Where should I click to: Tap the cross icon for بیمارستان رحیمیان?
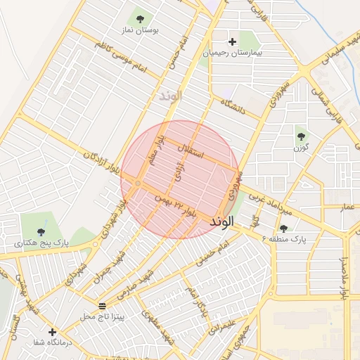point(233,41)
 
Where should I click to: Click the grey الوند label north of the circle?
point(170,95)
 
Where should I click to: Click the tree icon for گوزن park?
point(301,136)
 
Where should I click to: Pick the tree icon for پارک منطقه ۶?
point(283,229)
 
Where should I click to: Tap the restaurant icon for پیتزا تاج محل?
point(103,306)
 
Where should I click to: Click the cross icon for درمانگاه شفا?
point(52,331)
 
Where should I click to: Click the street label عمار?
point(347,209)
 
